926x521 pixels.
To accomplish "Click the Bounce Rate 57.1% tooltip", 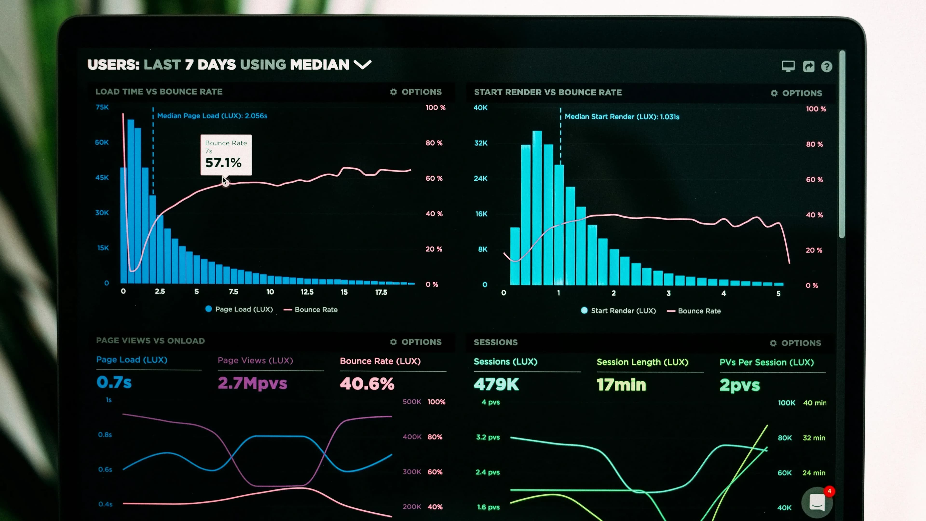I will click(x=226, y=155).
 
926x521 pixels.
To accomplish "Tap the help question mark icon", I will click(x=826, y=67).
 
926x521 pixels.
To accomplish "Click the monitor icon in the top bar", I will click(x=788, y=66).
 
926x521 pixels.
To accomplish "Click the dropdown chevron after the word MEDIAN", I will click(x=362, y=65).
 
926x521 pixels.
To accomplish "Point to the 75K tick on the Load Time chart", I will click(x=102, y=107).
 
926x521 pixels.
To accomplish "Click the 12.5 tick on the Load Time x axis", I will click(x=307, y=292).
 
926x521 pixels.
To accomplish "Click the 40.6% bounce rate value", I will click(x=367, y=384).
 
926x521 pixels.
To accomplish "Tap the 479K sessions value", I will click(x=496, y=384).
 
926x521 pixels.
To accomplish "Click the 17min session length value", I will click(x=621, y=385).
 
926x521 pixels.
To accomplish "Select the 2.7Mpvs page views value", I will click(x=252, y=383).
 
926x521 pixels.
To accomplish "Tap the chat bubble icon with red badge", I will click(x=817, y=502).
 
